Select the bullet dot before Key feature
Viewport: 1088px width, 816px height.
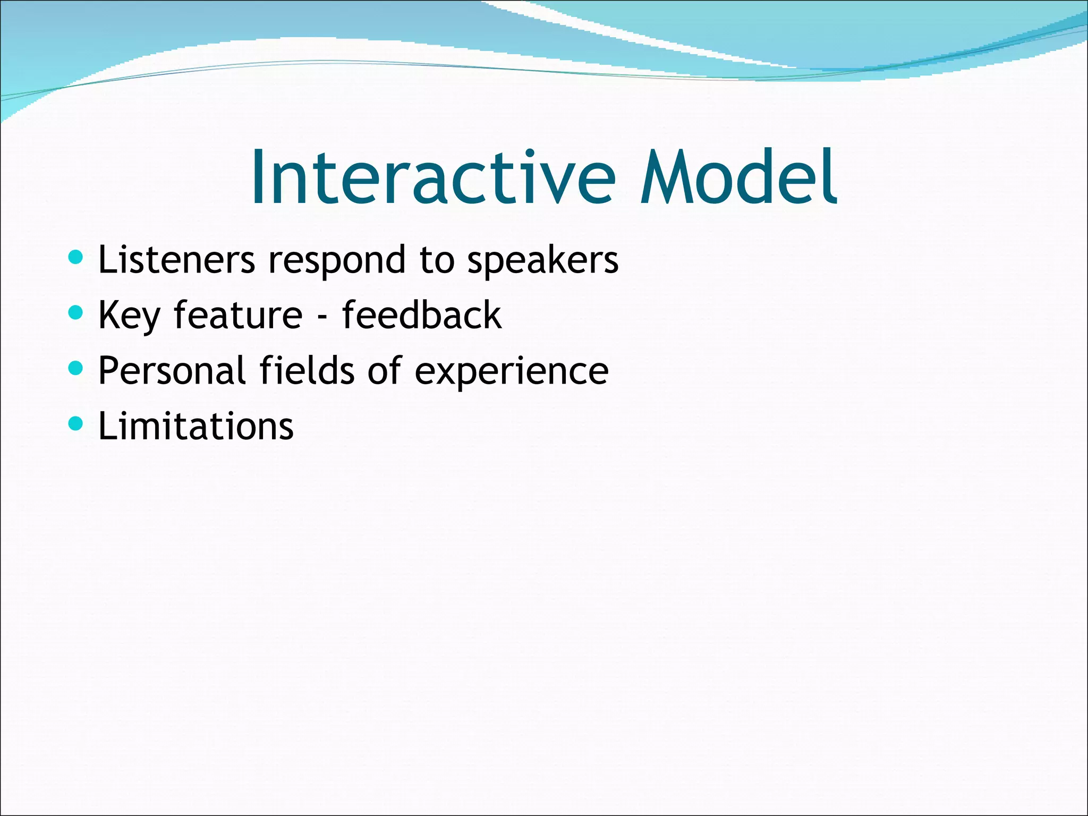coord(76,313)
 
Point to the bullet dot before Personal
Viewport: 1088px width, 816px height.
coord(76,368)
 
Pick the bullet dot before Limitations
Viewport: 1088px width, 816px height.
coord(76,423)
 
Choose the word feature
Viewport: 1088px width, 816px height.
coord(238,315)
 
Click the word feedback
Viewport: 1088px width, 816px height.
coord(421,315)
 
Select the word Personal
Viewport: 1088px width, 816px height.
coord(172,370)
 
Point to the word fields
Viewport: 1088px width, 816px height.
coord(307,370)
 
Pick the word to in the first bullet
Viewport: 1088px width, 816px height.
coord(437,261)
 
